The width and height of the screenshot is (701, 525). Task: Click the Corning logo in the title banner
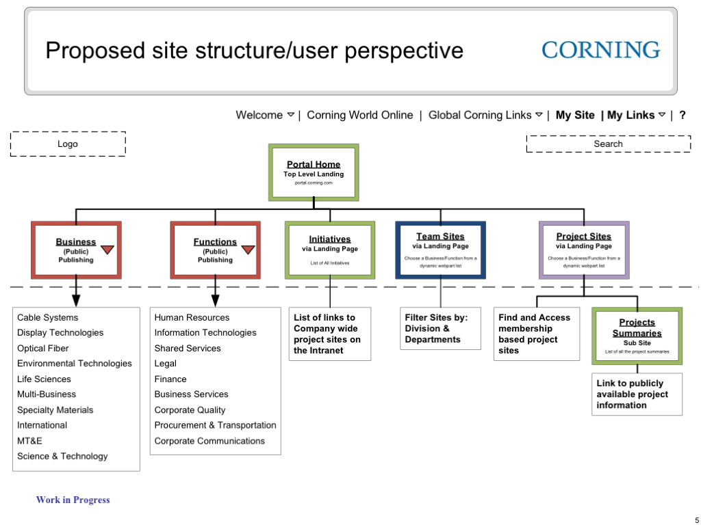pyautogui.click(x=600, y=50)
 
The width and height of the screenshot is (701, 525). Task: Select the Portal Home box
pyautogui.click(x=314, y=172)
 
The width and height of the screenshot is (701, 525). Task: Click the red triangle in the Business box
pyautogui.click(x=107, y=250)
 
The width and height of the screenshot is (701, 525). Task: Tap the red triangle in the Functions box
pyautogui.click(x=248, y=250)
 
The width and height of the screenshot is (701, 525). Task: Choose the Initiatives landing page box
pyautogui.click(x=330, y=250)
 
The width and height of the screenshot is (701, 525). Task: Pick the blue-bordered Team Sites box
pyautogui.click(x=440, y=250)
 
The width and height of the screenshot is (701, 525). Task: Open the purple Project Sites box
pyautogui.click(x=583, y=250)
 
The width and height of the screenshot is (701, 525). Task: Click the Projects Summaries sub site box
pyautogui.click(x=637, y=336)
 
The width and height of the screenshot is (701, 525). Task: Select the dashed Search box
pyautogui.click(x=608, y=144)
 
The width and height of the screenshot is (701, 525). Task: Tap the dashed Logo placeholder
pyautogui.click(x=68, y=144)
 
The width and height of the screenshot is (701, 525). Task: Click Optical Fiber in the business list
pyautogui.click(x=43, y=348)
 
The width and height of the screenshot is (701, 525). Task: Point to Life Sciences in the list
pyautogui.click(x=44, y=379)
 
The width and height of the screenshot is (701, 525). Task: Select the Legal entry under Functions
pyautogui.click(x=166, y=364)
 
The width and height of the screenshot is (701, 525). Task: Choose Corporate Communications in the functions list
pyautogui.click(x=209, y=441)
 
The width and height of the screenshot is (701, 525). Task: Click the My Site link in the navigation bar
pyautogui.click(x=575, y=115)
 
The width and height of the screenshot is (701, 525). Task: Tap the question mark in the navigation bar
pyautogui.click(x=683, y=115)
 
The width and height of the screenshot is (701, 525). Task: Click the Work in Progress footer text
pyautogui.click(x=73, y=500)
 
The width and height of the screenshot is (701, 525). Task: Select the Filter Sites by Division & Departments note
pyautogui.click(x=440, y=328)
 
